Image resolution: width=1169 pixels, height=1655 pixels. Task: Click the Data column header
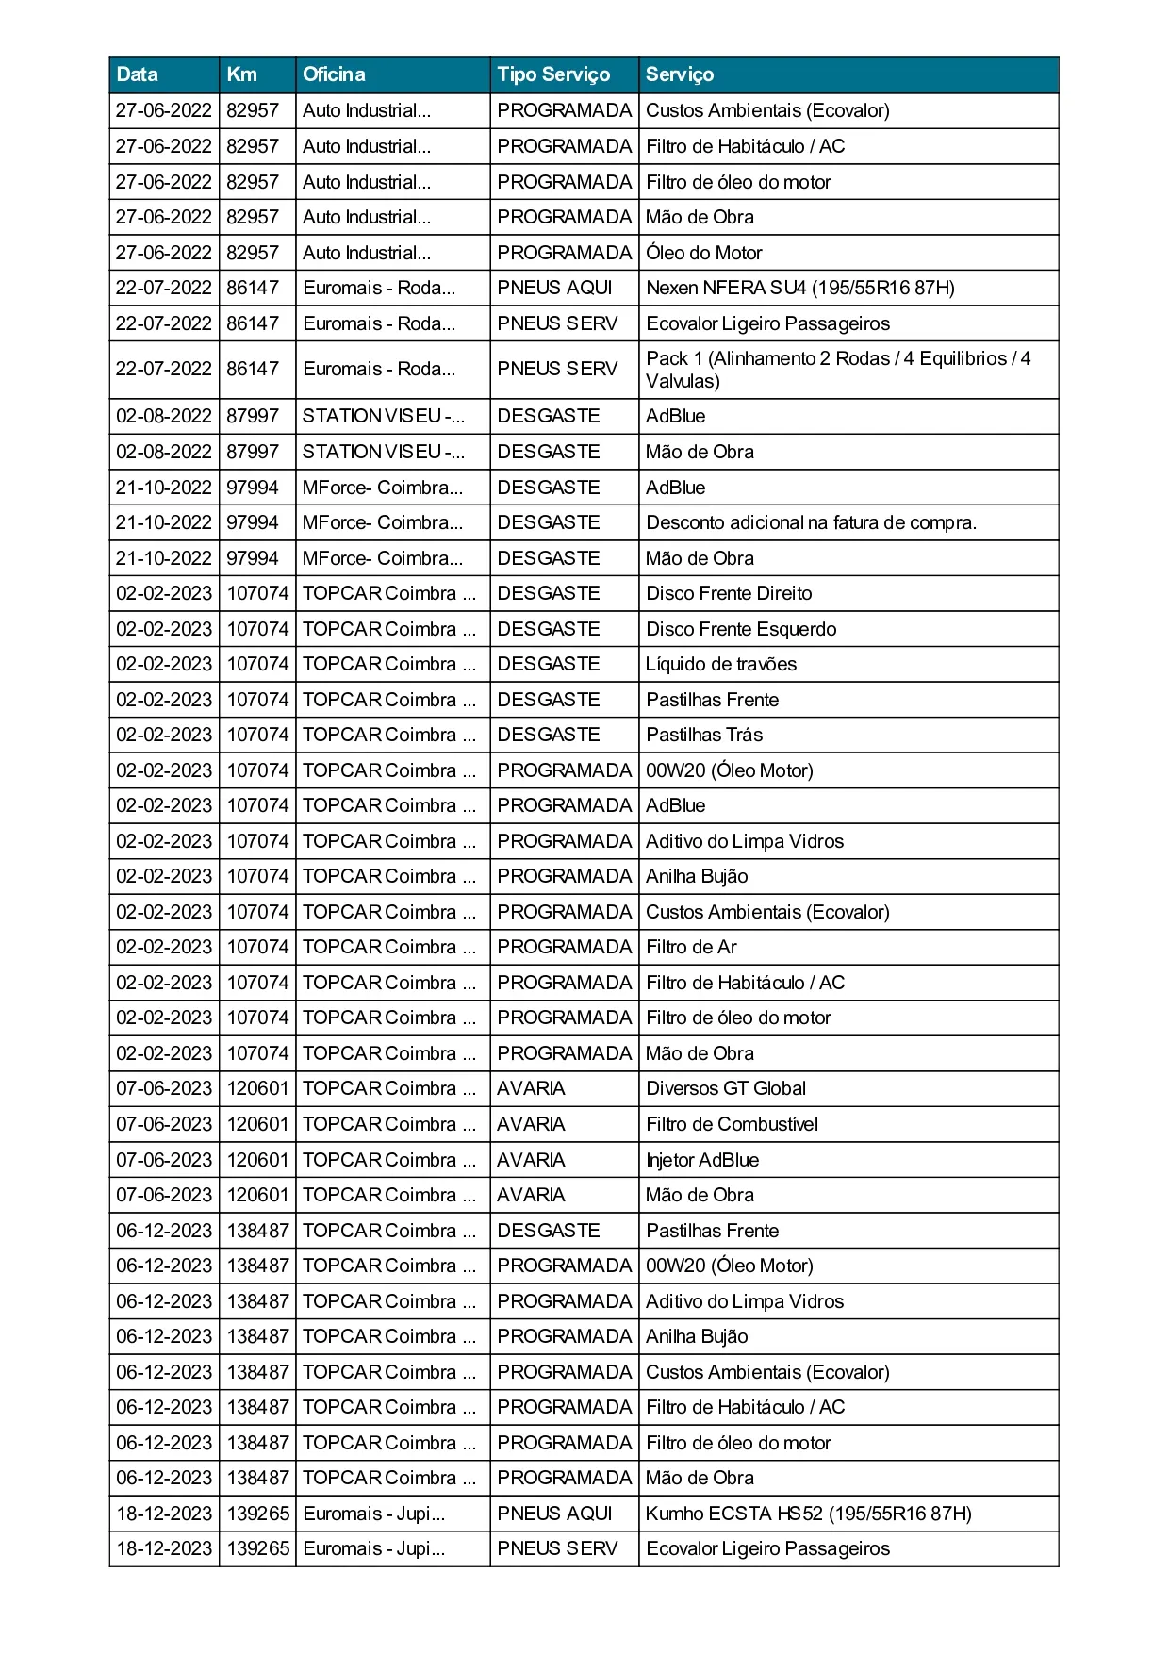tap(138, 74)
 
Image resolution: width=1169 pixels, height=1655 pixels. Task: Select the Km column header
tap(241, 74)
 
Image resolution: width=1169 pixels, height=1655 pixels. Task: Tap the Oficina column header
tap(334, 74)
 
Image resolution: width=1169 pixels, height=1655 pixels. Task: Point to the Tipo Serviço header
tap(553, 74)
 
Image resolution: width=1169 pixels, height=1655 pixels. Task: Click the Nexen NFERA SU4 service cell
tap(800, 288)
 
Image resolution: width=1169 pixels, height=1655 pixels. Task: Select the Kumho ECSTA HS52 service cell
tap(808, 1514)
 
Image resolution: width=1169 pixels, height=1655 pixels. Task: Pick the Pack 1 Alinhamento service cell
tap(838, 370)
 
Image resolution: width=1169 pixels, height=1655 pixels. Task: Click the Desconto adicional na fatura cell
tap(811, 522)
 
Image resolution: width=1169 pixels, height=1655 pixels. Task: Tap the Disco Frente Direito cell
tap(729, 593)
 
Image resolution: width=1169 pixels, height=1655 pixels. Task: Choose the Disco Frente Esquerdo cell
tap(741, 629)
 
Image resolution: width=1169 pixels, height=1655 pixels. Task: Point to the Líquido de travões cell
tap(721, 664)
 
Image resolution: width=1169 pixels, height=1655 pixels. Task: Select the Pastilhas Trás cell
tap(704, 735)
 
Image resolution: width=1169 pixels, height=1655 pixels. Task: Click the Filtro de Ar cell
tap(691, 947)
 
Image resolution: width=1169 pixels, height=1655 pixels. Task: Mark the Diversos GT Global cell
tap(726, 1088)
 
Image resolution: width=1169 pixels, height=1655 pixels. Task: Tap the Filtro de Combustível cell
tap(732, 1124)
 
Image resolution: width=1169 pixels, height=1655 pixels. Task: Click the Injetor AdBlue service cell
tap(702, 1160)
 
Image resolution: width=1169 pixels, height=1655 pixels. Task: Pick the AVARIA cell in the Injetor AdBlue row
tap(532, 1160)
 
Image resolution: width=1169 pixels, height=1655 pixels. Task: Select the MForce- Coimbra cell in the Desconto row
tap(383, 522)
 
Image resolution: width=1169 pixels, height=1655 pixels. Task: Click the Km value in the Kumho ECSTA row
tap(257, 1514)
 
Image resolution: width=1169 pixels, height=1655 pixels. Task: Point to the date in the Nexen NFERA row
tap(164, 288)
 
